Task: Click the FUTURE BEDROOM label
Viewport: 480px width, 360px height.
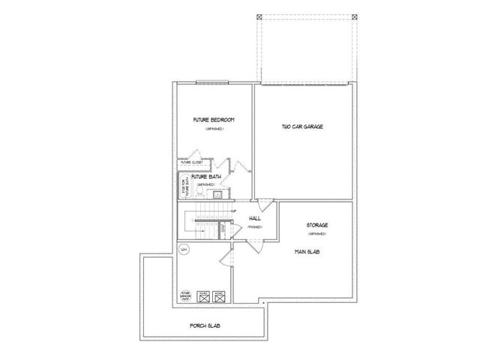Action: click(213, 121)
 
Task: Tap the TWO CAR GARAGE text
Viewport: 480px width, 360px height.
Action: click(302, 127)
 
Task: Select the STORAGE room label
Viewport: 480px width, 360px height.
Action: click(318, 224)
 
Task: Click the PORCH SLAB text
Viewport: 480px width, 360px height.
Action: click(205, 327)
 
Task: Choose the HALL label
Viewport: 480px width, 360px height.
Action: click(244, 217)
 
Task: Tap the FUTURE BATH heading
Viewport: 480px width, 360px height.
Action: click(205, 177)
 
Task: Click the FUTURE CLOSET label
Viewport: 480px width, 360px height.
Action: click(191, 162)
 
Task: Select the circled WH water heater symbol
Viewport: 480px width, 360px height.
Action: click(184, 250)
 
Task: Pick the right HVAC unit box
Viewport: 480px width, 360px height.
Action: click(219, 295)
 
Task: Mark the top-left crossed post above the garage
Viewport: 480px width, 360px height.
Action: click(259, 16)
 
